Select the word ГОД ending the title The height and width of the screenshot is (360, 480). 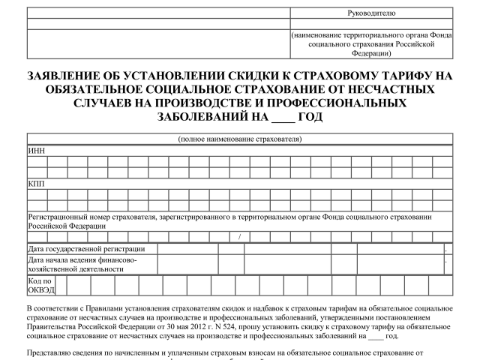[309, 118]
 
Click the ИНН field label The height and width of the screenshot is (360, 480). [36, 149]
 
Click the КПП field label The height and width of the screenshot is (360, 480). [36, 182]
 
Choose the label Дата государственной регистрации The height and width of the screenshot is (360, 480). [86, 248]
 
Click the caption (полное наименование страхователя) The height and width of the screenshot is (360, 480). [240, 139]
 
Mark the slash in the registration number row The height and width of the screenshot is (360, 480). [238, 237]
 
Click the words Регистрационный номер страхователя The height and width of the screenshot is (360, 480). [89, 216]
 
